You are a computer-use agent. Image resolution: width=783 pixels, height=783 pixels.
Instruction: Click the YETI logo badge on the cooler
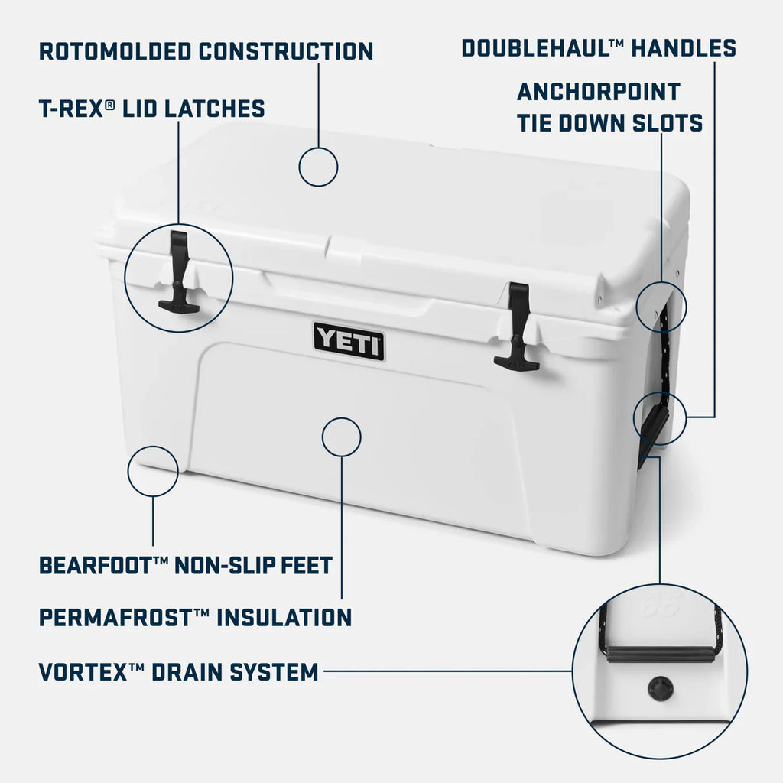pyautogui.click(x=349, y=341)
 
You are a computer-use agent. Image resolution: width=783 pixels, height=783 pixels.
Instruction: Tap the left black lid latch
pyautogui.click(x=178, y=272)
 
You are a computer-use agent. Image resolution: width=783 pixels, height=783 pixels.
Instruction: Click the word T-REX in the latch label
pyautogui.click(x=71, y=109)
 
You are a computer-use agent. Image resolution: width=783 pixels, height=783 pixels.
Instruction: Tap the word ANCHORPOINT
pyautogui.click(x=598, y=92)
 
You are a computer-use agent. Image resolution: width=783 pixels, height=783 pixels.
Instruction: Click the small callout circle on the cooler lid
pyautogui.click(x=318, y=166)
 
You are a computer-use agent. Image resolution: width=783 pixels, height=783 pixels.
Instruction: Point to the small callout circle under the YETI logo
pyautogui.click(x=342, y=437)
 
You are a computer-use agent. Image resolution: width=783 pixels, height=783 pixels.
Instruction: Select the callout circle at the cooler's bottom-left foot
pyautogui.click(x=153, y=470)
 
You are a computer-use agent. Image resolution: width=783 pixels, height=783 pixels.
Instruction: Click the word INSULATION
pyautogui.click(x=284, y=617)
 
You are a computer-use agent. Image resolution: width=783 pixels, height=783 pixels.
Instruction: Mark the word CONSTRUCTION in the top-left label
pyautogui.click(x=286, y=51)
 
